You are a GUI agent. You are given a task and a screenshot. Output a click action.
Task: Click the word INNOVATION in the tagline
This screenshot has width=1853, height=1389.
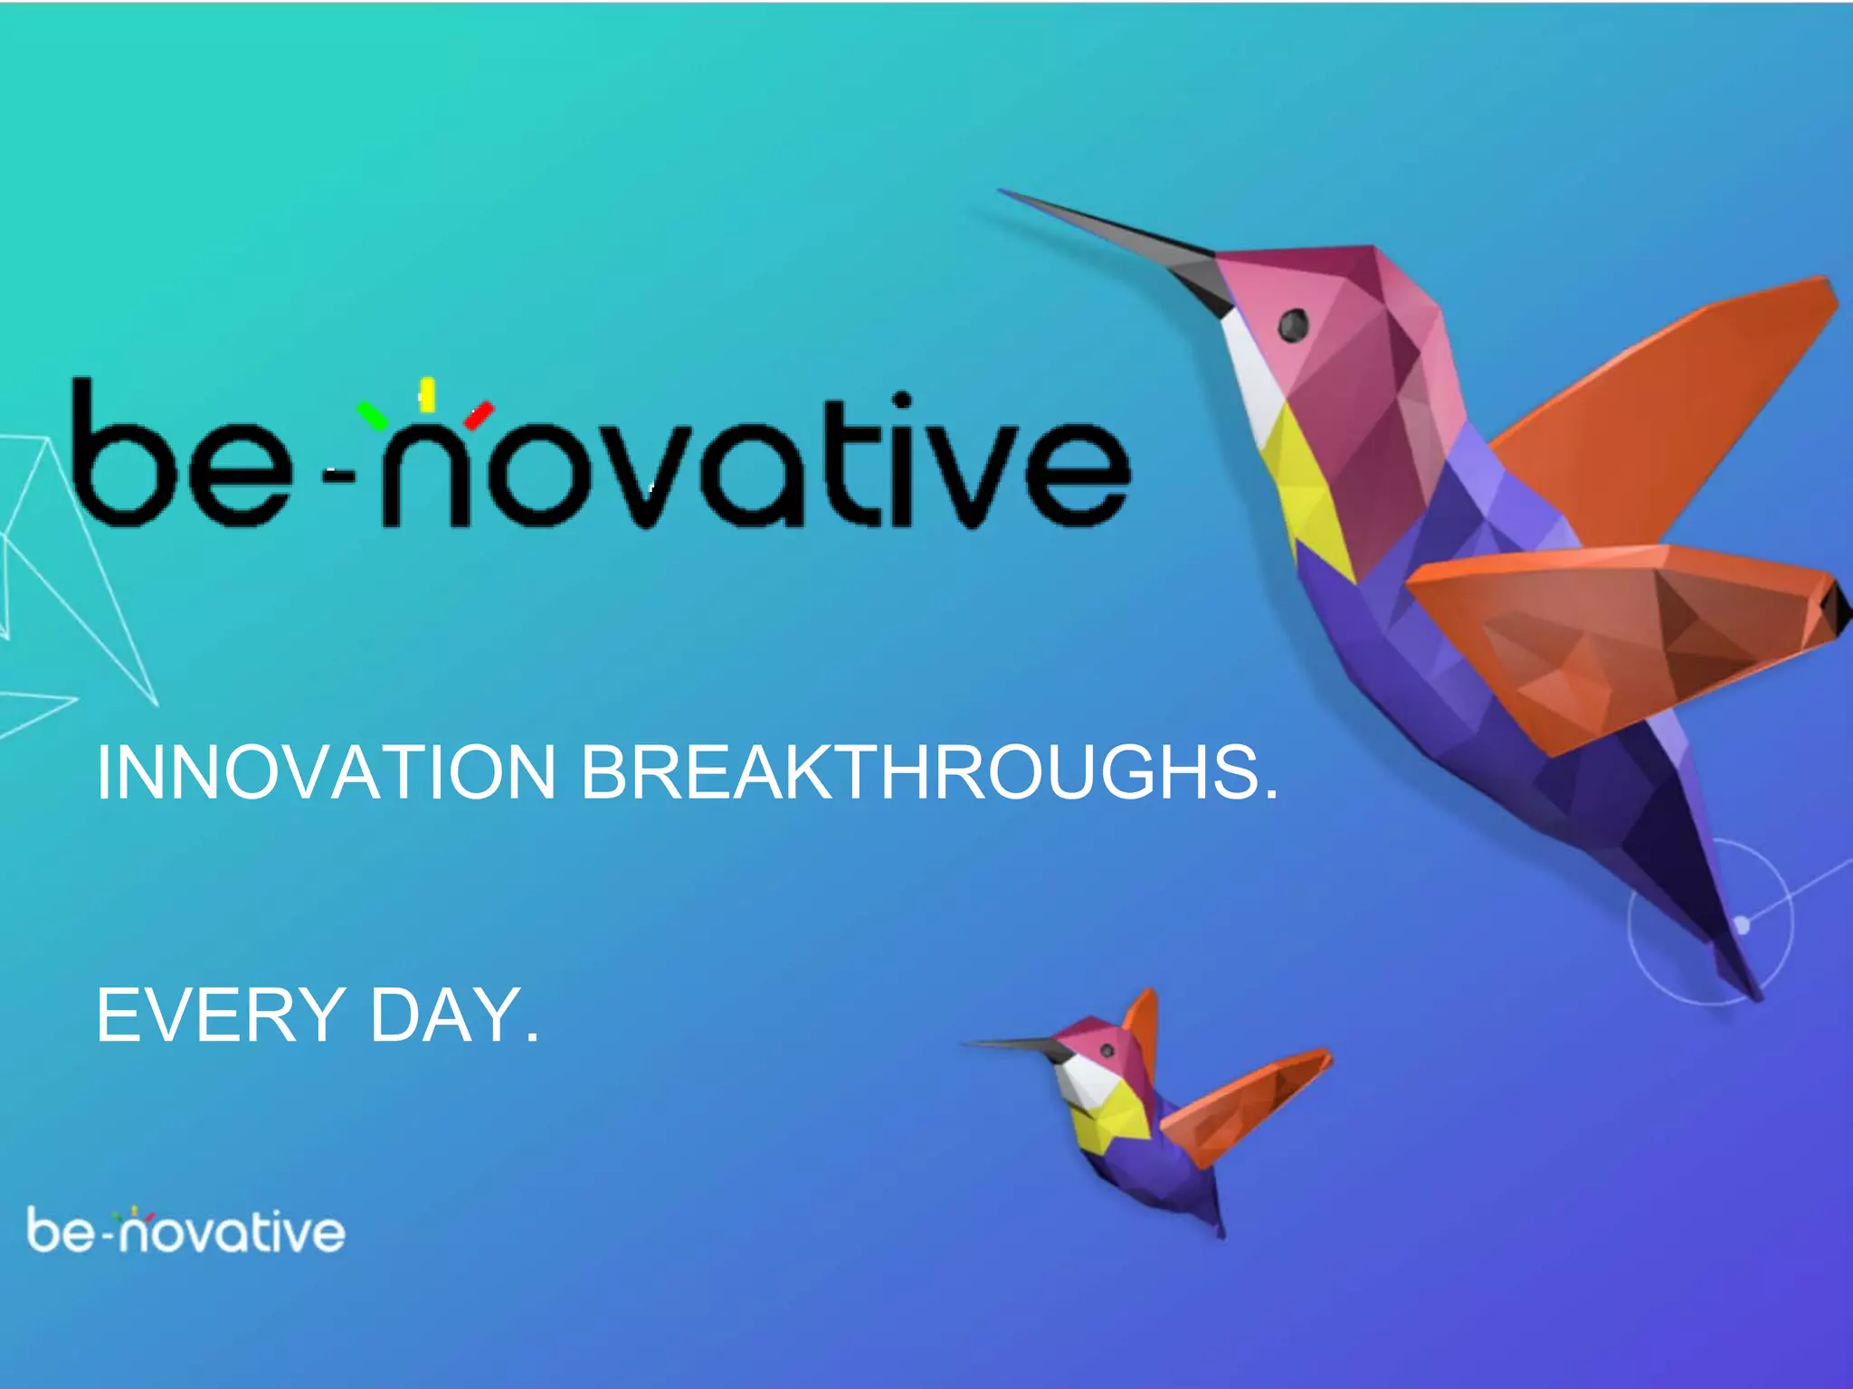coord(326,773)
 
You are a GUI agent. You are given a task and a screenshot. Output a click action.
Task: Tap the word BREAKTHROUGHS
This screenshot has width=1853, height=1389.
coord(927,773)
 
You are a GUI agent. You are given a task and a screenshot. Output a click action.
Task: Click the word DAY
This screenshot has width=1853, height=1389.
coord(452,1016)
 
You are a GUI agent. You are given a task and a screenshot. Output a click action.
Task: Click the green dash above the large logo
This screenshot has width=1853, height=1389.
coord(373,415)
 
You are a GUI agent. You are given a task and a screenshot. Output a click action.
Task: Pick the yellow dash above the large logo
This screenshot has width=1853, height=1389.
coord(427,394)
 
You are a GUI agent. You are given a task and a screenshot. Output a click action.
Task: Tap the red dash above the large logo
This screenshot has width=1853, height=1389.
coord(479,415)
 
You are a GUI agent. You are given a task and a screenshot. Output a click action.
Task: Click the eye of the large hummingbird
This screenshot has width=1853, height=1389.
coord(1293,324)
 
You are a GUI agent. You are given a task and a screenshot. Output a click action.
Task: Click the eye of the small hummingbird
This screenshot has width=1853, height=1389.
coord(1106,1050)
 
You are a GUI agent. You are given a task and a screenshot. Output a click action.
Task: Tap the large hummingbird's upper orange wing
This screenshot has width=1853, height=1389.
coord(1674,398)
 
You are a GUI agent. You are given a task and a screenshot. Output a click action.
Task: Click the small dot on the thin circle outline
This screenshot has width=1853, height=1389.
coord(1742,924)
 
